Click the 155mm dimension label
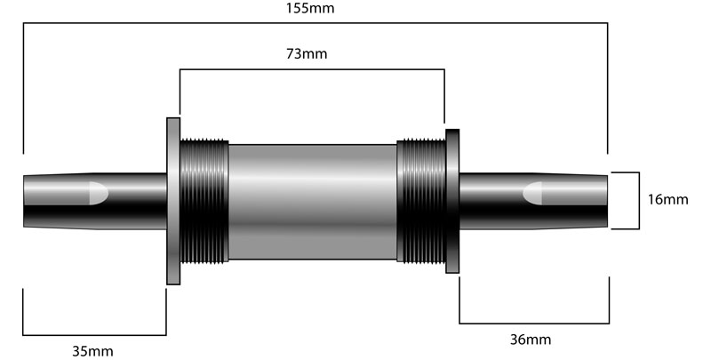tap(310, 8)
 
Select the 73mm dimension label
tap(307, 53)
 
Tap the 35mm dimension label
tap(92, 351)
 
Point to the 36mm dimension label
tap(531, 340)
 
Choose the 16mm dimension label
tap(668, 199)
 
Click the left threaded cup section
tap(204, 201)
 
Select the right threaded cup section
tap(421, 201)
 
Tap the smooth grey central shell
tap(313, 202)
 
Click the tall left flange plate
tap(173, 201)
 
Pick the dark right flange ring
tap(452, 201)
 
